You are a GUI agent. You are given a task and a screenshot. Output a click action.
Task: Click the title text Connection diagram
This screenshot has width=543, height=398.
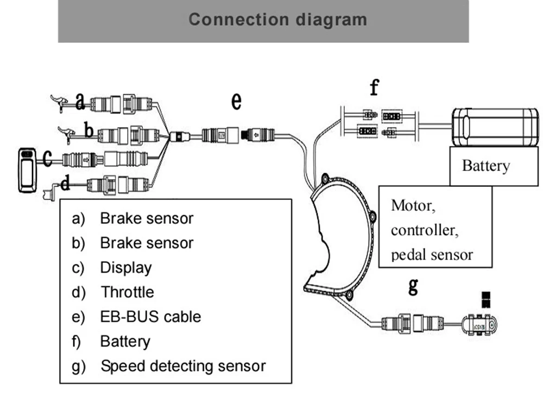coord(277,20)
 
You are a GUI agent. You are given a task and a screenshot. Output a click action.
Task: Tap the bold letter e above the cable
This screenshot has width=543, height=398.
coord(236,101)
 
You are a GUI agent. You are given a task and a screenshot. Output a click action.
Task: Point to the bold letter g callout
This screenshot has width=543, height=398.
coord(413,286)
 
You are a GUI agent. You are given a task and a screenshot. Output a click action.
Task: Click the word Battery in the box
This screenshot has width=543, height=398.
coord(485,165)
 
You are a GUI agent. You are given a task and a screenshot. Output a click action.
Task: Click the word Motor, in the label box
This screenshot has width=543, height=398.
coord(413,206)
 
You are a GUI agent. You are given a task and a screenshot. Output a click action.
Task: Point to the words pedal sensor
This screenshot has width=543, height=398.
coord(432,254)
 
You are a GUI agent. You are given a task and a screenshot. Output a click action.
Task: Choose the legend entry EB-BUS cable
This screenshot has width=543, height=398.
coord(150,316)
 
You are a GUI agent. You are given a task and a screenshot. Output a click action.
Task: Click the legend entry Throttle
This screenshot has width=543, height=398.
coord(127,292)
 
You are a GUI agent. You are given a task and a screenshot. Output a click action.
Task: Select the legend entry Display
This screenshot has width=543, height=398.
coord(126,268)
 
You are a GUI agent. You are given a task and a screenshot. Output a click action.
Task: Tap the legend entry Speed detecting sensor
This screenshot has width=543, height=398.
coord(183,366)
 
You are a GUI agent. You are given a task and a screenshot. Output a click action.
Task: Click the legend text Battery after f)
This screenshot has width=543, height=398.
coord(125,341)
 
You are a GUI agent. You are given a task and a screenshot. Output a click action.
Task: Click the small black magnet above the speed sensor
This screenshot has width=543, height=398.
coord(485,298)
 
